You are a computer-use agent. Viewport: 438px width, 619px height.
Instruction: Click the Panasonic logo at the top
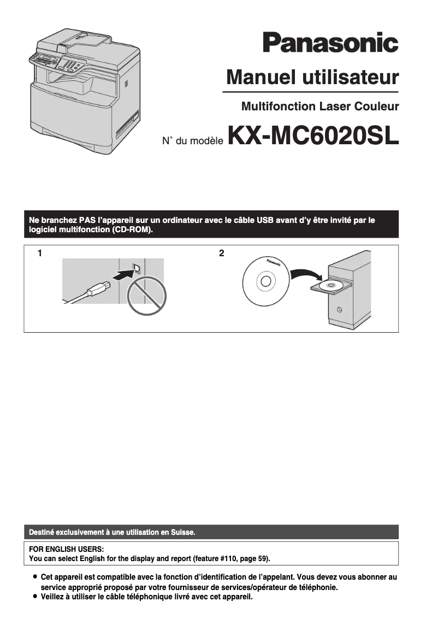[330, 43]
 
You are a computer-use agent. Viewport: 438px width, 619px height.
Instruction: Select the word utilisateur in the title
[348, 77]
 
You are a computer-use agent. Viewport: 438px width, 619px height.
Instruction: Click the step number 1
[40, 253]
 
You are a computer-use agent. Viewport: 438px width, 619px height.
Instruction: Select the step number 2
[221, 253]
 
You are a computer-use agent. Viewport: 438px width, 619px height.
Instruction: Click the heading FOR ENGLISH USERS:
[66, 549]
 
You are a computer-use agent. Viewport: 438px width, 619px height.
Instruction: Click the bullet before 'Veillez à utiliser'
[35, 597]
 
